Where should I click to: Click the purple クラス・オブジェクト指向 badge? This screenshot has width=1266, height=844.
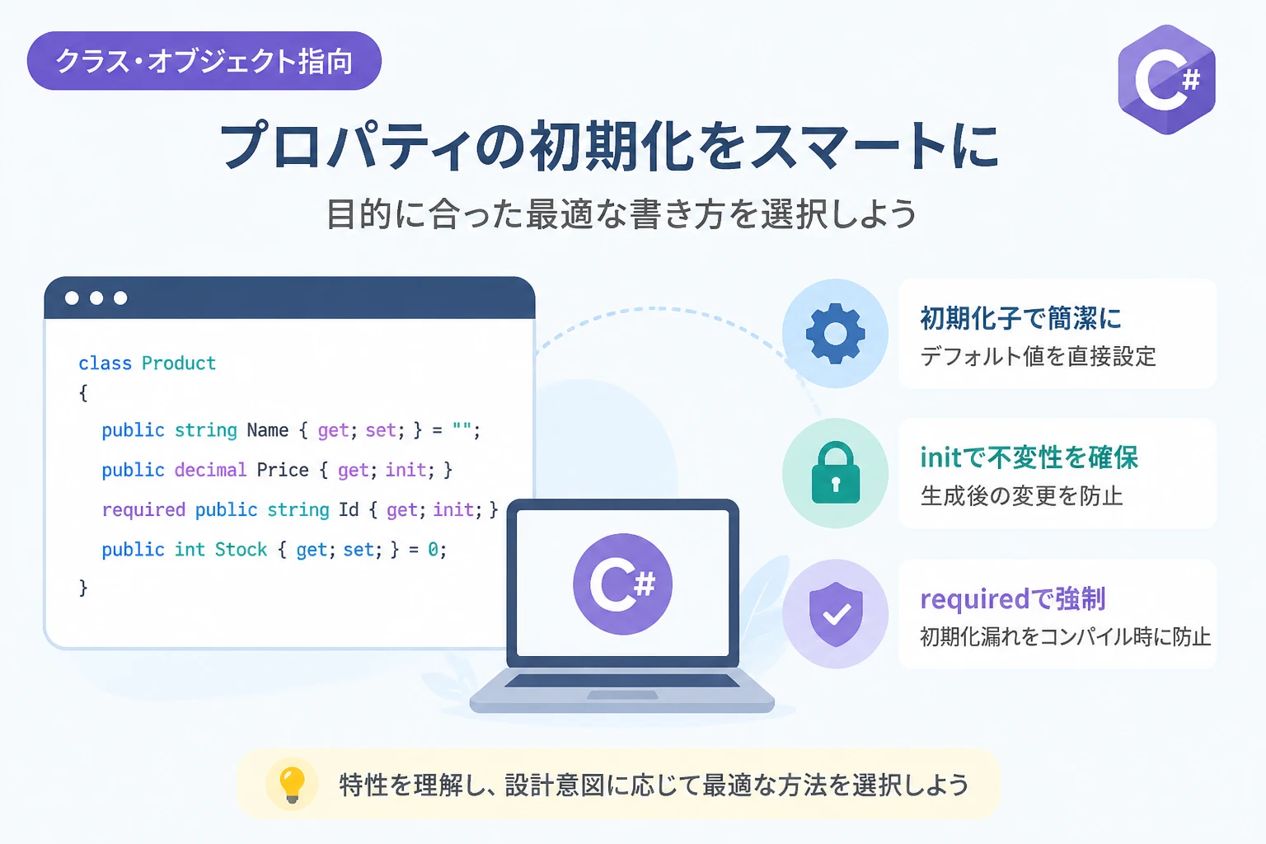pos(204,60)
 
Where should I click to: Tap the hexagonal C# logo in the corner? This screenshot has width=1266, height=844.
pos(1166,80)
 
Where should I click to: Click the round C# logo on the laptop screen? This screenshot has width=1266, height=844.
pos(623,584)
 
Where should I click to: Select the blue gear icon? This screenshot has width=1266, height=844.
pos(835,333)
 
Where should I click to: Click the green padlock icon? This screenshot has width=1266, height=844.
pos(835,472)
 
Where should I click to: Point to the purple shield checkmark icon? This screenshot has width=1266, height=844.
pos(836,614)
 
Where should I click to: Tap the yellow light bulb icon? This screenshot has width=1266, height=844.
pos(293,785)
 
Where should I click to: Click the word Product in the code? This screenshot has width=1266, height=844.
pos(179,363)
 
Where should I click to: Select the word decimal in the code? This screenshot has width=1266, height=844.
pos(210,470)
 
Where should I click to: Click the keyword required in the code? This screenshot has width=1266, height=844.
pos(143,510)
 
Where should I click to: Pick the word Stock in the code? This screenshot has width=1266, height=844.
pos(241,550)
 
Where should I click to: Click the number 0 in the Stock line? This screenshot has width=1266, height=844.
pos(433,550)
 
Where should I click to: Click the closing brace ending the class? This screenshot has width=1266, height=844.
pos(83,588)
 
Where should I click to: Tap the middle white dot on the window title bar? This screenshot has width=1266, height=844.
pos(96,298)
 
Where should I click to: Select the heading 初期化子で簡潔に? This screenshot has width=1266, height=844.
pos(1020,318)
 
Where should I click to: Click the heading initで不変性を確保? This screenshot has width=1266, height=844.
pos(1029,457)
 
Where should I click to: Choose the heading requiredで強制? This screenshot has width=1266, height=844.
pos(1013,599)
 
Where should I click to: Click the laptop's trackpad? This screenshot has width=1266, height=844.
pos(622,696)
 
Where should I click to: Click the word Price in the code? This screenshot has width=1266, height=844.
pos(283,470)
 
